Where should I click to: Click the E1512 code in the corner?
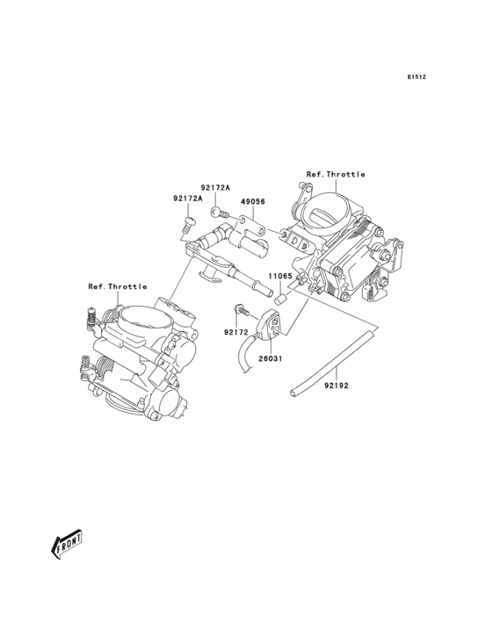416,77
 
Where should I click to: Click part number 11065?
280,276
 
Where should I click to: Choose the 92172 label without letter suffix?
236,332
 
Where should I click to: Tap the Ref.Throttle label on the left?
118,286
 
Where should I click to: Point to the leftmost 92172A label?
188,199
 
